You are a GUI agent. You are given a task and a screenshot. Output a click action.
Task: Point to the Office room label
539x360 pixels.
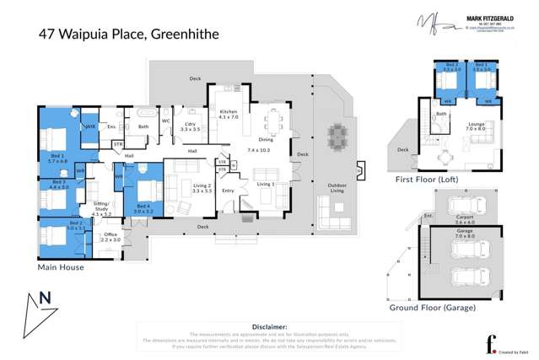pos(110,236)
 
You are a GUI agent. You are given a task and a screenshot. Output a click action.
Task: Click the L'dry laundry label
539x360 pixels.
pos(191,127)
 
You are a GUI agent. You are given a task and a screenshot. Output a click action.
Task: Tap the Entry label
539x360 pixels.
pos(229,191)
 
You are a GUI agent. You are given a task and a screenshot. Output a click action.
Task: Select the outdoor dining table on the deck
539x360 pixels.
pos(337,135)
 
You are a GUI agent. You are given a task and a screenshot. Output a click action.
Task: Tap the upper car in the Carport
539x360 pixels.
pos(461,206)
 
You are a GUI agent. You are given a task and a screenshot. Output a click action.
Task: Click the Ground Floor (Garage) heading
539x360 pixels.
pos(432,309)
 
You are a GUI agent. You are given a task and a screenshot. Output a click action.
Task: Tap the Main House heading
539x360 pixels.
pos(64,266)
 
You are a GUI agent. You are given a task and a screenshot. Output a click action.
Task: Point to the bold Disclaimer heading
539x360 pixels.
pos(269,325)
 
